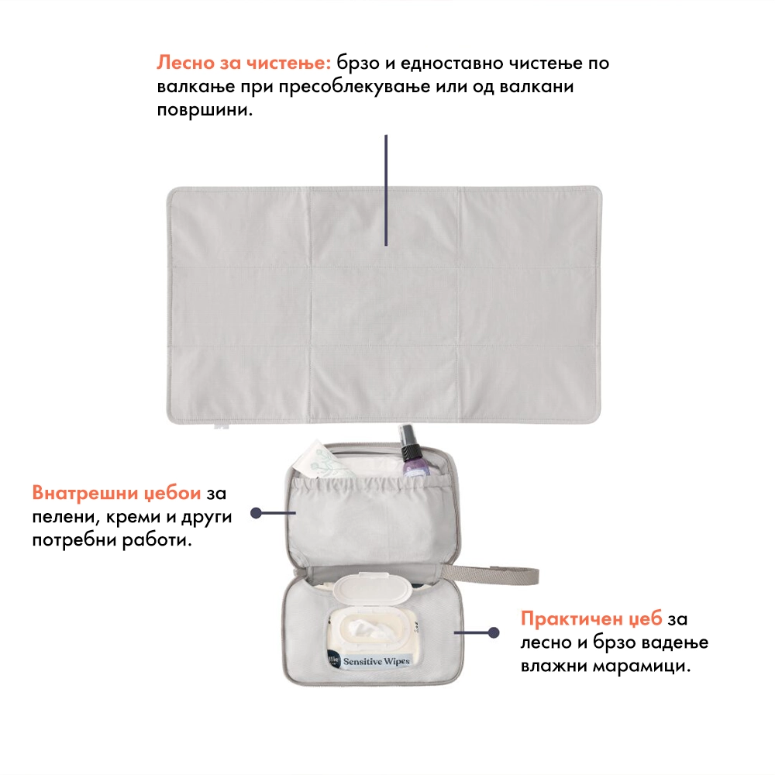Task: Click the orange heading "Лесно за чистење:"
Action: click(x=243, y=64)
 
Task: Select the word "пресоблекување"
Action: click(x=354, y=87)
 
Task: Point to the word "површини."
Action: click(x=205, y=110)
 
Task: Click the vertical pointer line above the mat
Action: click(x=386, y=191)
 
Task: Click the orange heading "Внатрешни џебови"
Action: click(x=117, y=493)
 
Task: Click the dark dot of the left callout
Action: click(x=256, y=513)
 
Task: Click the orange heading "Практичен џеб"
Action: click(x=591, y=618)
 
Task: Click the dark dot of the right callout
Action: click(x=493, y=632)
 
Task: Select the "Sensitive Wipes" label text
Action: click(x=377, y=661)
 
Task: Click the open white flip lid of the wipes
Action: click(x=373, y=587)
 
